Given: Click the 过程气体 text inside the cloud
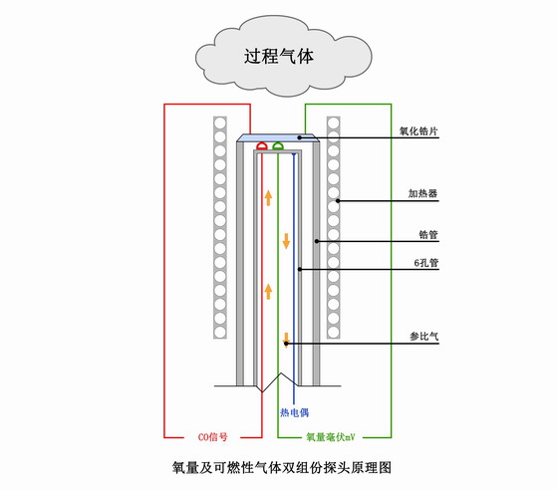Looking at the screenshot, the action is [279, 56].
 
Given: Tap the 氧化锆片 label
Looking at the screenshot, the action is [418, 131].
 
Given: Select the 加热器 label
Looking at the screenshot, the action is [422, 194].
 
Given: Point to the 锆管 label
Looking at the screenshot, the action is [428, 235].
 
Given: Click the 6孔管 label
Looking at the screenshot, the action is [426, 263].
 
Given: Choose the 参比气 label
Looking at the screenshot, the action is [423, 336].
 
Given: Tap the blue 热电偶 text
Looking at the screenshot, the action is [294, 412].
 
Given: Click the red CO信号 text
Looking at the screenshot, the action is [212, 437].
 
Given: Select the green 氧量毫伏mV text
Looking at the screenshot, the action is [331, 437].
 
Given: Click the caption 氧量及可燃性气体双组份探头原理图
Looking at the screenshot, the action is [282, 468].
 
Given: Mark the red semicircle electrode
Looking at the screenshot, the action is [262, 145].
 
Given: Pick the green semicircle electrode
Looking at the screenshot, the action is [278, 145].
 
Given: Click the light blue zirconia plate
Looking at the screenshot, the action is [278, 138].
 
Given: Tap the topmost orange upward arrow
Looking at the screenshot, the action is [268, 198].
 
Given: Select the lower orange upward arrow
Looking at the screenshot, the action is [268, 292].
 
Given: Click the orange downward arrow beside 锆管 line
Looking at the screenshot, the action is [286, 241].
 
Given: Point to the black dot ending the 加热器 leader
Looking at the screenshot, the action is [338, 201].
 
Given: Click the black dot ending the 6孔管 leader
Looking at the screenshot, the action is [300, 269].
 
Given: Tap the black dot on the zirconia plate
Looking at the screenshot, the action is [300, 137].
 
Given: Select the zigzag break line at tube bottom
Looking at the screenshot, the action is [278, 383].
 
